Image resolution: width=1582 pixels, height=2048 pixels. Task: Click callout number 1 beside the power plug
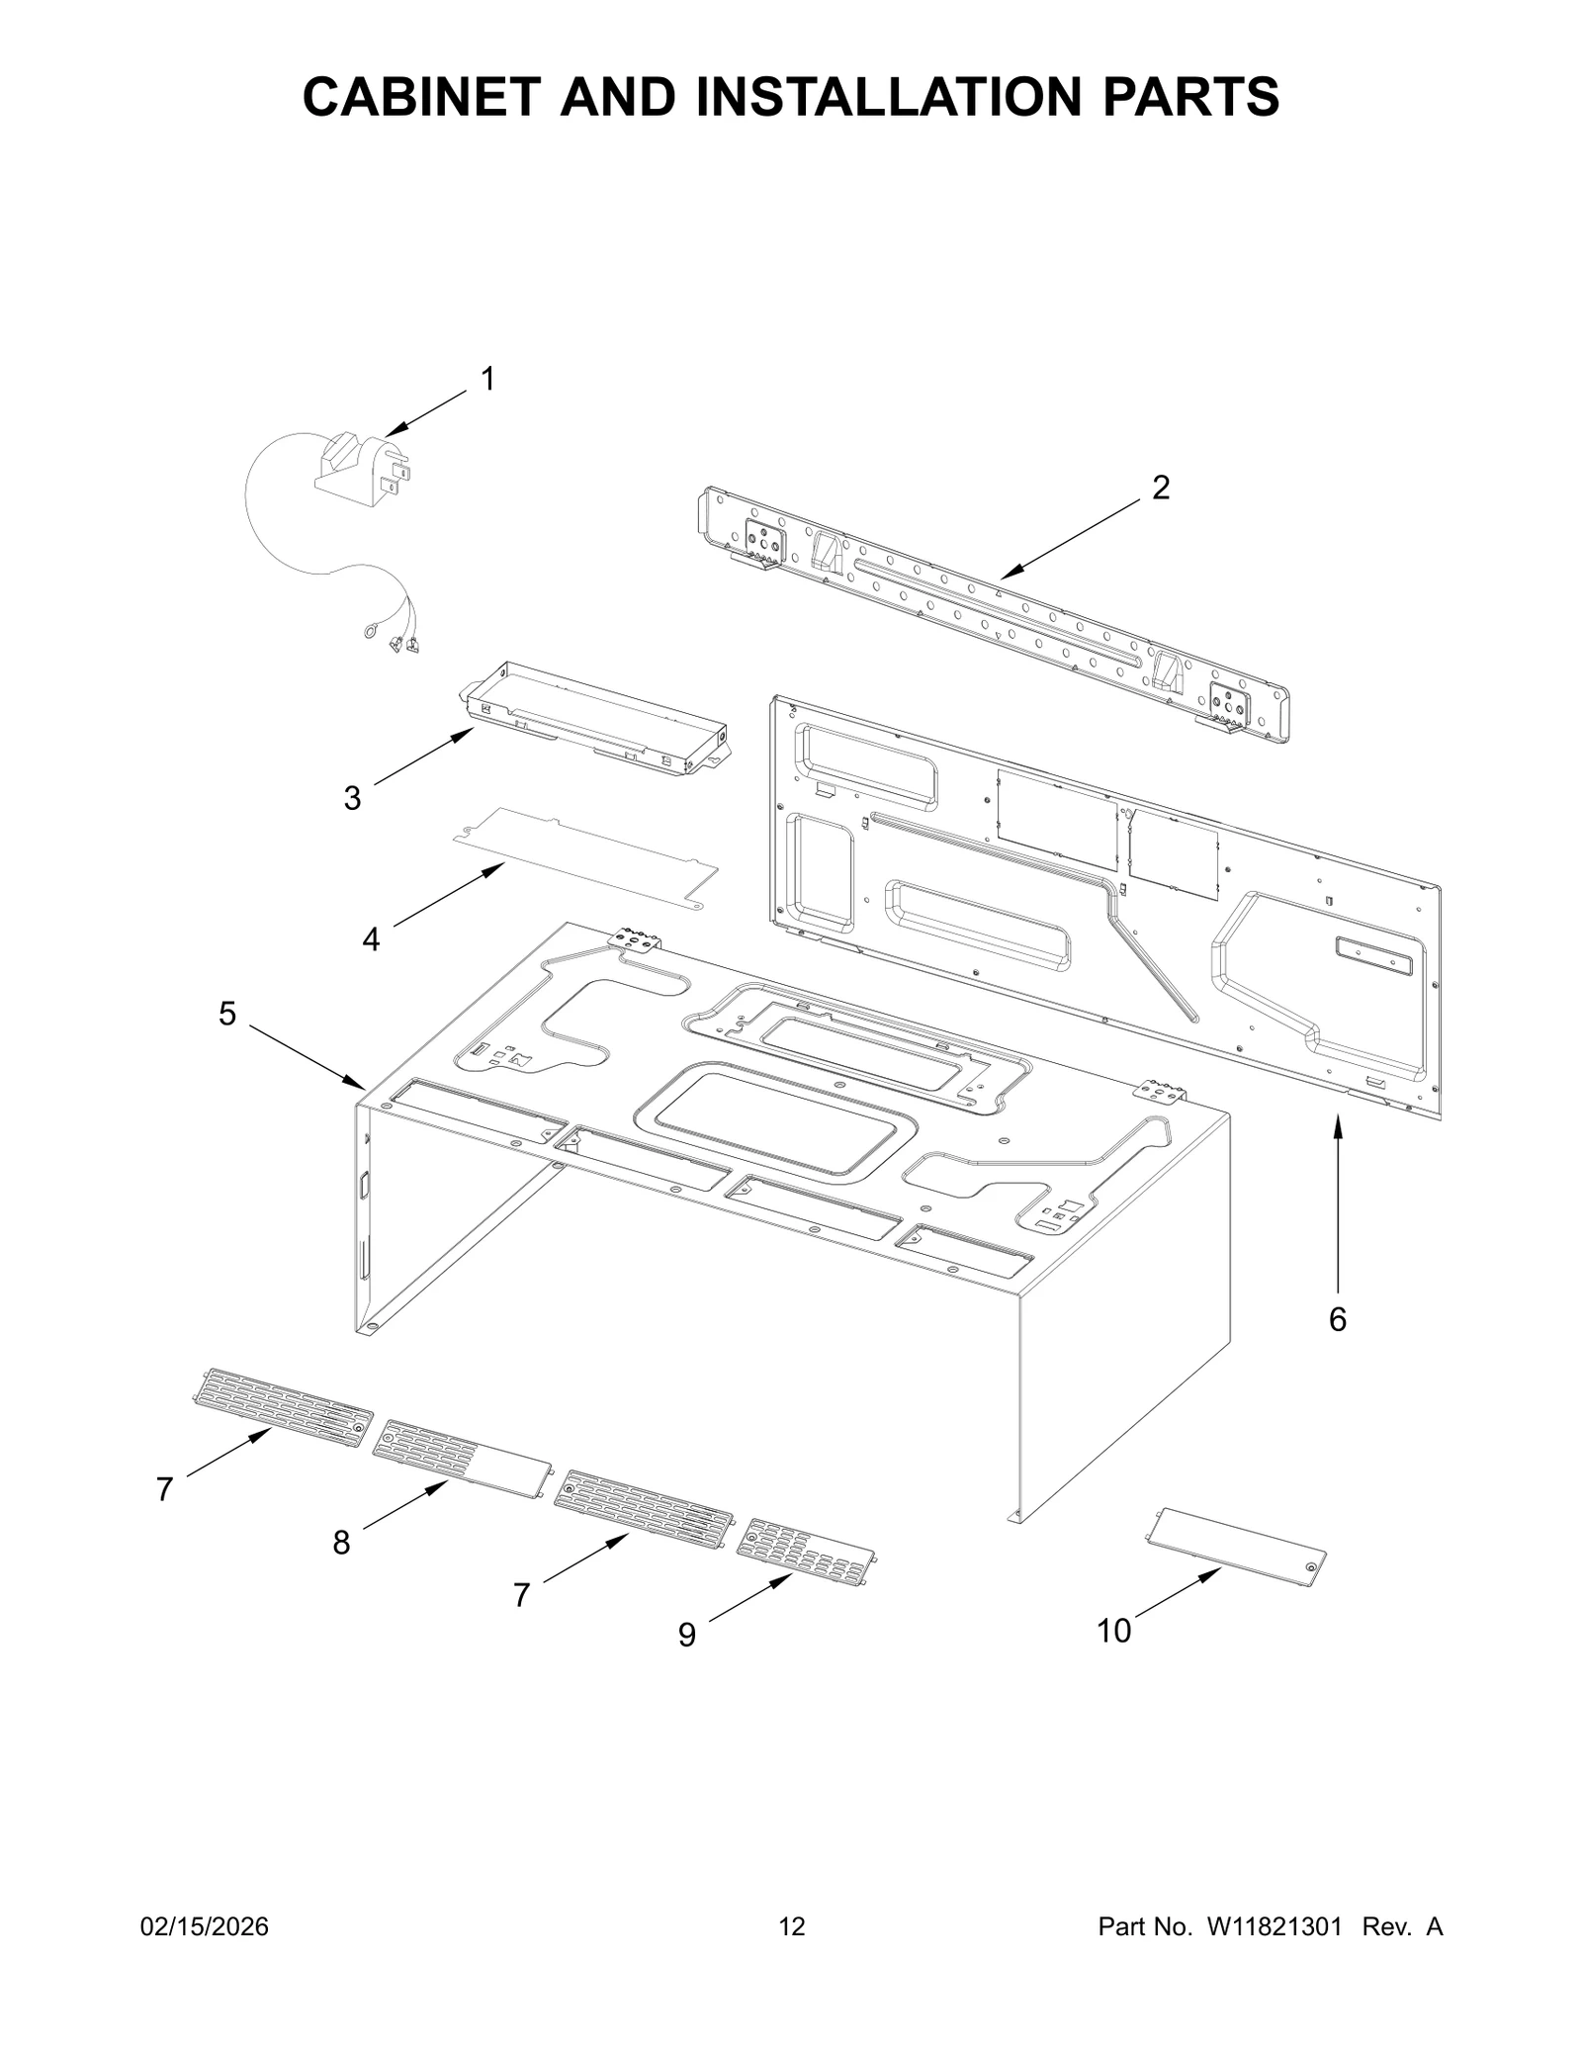[x=486, y=379]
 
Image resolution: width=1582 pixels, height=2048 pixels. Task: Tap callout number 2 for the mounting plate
[x=1160, y=487]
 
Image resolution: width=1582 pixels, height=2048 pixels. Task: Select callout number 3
[x=352, y=798]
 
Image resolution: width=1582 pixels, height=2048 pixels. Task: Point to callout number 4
[x=371, y=939]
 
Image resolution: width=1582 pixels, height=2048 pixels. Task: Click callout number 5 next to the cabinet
[x=227, y=1014]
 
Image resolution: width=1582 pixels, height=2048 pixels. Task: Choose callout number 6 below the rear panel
[x=1337, y=1319]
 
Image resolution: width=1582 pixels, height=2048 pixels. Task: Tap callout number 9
[x=686, y=1635]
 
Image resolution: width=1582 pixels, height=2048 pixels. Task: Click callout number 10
[x=1113, y=1631]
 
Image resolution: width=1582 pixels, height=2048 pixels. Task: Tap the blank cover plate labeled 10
[x=1234, y=1548]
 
